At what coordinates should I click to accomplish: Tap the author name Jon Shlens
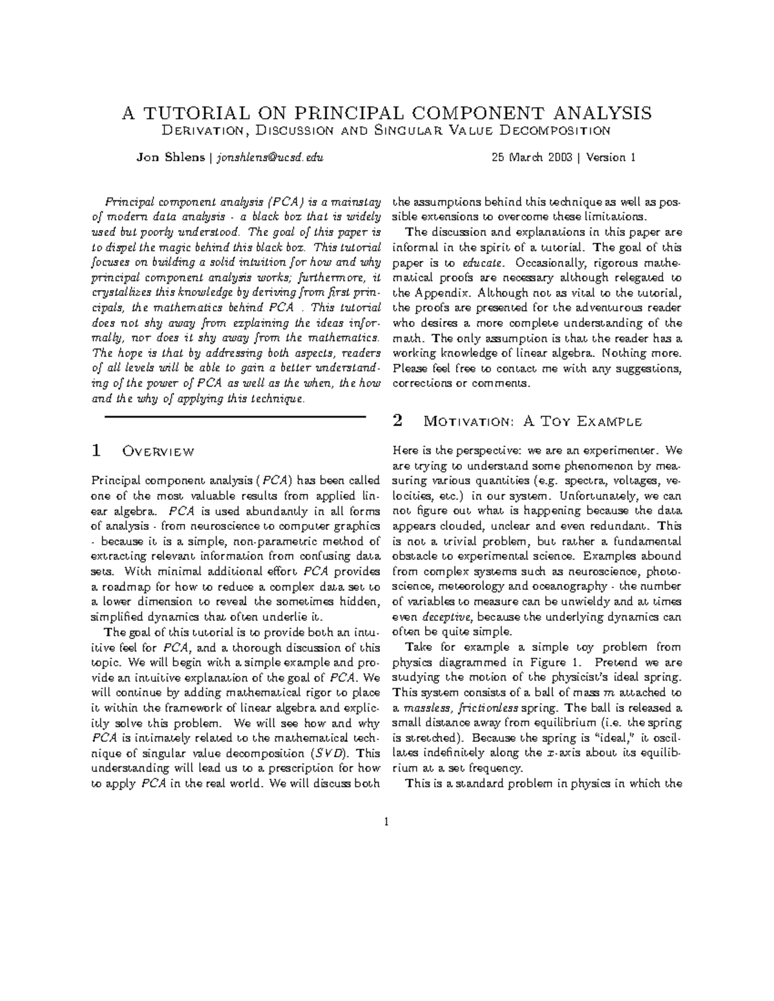(170, 157)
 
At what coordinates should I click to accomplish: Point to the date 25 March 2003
(532, 157)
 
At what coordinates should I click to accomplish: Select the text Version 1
(612, 157)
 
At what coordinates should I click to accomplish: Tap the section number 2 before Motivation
(397, 422)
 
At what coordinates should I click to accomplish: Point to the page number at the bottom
(386, 822)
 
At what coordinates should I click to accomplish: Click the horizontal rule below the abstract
(235, 417)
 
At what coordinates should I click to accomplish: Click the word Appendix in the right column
(439, 293)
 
